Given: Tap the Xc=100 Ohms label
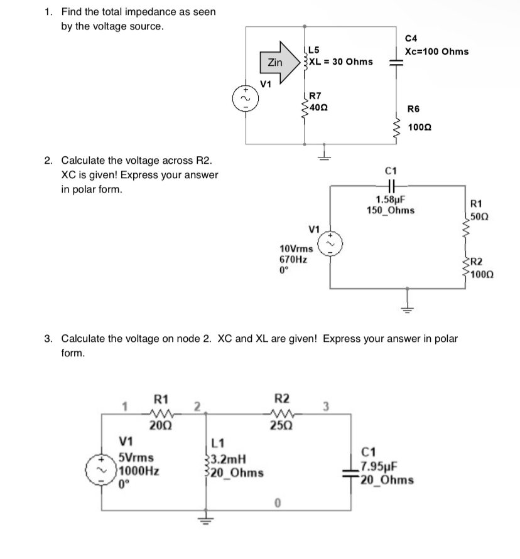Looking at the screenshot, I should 436,51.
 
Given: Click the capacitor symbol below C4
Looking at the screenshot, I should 396,61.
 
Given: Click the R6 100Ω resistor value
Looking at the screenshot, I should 420,127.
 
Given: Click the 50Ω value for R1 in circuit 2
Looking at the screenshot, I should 479,216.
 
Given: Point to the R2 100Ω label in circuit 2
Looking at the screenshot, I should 482,268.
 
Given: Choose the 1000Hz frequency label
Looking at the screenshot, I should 137,471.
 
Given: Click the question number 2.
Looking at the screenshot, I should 48,161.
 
